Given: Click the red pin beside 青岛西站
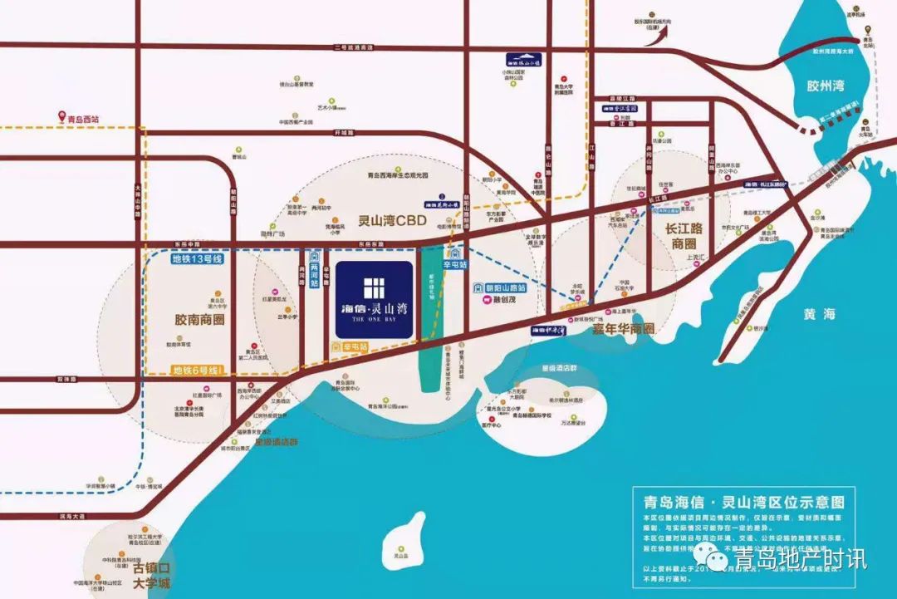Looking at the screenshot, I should click(59, 117).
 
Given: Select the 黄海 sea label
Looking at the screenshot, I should click(820, 313).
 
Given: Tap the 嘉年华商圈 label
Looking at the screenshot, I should click(611, 329).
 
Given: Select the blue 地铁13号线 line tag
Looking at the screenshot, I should click(198, 258).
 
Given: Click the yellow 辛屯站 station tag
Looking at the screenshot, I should click(353, 346).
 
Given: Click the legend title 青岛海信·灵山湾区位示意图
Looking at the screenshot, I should click(743, 502).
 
